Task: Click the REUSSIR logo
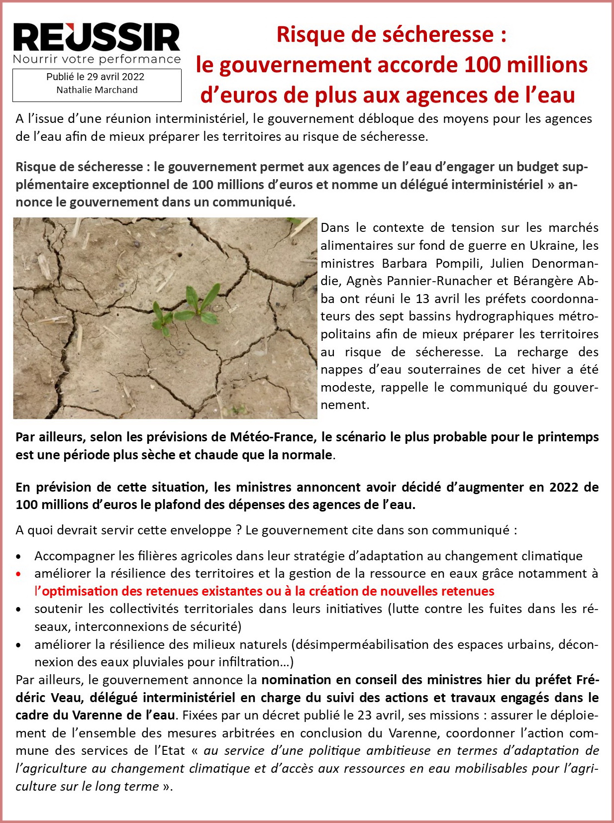tap(97, 37)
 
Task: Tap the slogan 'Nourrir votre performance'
tap(97, 60)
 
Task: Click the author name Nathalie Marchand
tap(97, 90)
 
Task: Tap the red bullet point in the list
tap(18, 574)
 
